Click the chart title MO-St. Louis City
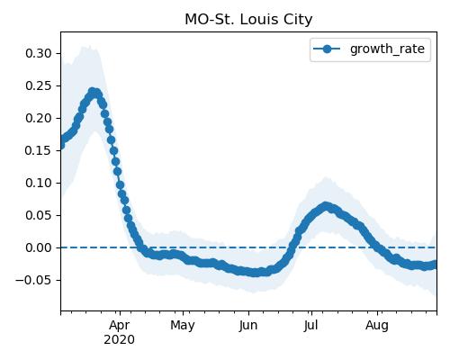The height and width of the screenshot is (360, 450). tap(248, 20)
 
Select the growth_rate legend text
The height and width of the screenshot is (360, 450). tap(387, 49)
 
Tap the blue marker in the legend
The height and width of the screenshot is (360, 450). tap(327, 49)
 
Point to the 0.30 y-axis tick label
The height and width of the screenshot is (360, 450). tap(39, 53)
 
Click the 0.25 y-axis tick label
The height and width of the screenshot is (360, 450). tap(39, 85)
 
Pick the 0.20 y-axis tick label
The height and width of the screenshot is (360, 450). tap(39, 118)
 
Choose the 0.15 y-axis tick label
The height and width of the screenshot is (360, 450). tap(39, 150)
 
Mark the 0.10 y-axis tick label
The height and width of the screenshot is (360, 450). tap(39, 183)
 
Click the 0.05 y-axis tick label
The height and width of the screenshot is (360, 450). tap(39, 215)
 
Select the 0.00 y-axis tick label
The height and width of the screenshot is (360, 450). tap(39, 247)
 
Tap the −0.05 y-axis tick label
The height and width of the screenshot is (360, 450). tap(33, 280)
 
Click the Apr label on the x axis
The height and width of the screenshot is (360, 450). tap(120, 326)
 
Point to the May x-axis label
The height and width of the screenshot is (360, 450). tap(183, 326)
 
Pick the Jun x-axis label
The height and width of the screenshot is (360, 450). tap(248, 326)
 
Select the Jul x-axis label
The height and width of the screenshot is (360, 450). tap(310, 326)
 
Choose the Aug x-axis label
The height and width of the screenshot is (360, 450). tap(377, 326)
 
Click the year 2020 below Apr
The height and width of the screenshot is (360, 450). tap(120, 340)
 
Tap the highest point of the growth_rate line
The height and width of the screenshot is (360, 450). tap(93, 92)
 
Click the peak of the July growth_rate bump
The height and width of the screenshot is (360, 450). tap(326, 206)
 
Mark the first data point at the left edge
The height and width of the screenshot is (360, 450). tap(61, 146)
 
